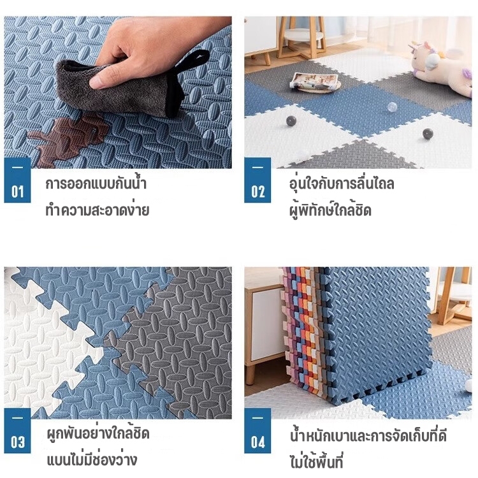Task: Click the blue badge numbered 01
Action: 17,180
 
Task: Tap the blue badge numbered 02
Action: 257,180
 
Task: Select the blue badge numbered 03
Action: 17,430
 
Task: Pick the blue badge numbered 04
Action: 257,430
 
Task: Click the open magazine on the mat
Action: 314,81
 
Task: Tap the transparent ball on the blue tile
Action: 392,107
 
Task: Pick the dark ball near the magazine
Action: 291,121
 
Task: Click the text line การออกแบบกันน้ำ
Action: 96,184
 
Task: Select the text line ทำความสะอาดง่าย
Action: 98,210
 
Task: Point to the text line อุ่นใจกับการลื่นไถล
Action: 342,184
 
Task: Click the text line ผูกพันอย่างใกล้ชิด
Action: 98,433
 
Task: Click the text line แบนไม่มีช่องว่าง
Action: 92,460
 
